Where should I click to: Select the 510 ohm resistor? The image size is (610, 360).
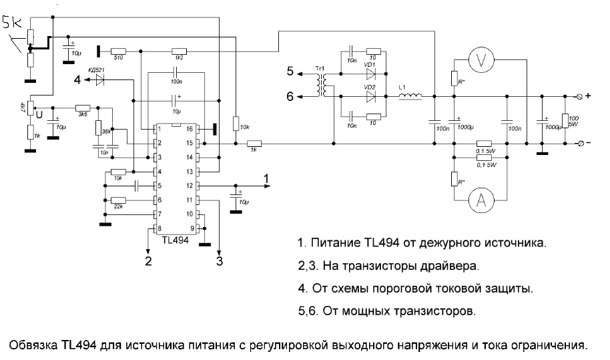pos(119,51)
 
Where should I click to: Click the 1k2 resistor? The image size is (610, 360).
pos(178,51)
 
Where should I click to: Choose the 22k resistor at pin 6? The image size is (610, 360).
pos(119,200)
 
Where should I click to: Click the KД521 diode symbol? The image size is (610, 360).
pos(99,79)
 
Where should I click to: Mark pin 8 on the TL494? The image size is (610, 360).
pos(158,228)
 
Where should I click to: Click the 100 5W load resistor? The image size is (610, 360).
pos(565,121)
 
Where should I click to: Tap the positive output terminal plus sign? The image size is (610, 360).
pos(588,96)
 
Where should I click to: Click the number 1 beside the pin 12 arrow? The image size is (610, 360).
pos(266,178)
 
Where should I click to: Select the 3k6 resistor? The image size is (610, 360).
pos(83,108)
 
